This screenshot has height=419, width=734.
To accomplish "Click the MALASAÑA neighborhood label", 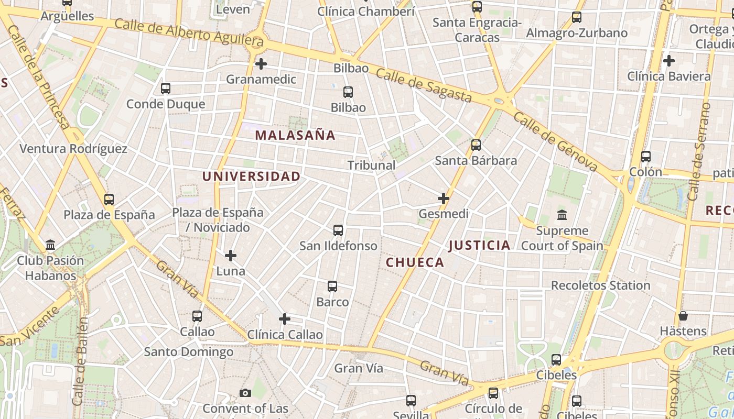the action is coord(295,135).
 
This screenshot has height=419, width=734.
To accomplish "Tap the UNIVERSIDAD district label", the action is coord(251,177).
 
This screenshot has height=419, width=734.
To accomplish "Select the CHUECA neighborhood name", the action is coord(415,262).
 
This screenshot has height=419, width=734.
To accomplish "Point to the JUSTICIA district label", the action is coord(479,245).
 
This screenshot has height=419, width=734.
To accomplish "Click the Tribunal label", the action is coord(371,165).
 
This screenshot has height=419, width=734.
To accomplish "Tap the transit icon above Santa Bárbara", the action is coord(476,145).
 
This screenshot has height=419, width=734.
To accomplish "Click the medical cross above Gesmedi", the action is coord(444,199).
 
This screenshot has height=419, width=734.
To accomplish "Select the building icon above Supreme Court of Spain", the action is coord(562,215).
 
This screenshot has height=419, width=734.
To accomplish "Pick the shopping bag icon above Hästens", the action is coord(683,316).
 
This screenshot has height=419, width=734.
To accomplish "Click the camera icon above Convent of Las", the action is coord(245,393).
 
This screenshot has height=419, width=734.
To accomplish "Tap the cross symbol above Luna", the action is coord(230,256).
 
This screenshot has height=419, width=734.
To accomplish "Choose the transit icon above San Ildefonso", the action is coord(338,230).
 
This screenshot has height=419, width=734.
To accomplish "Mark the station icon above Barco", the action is coord(332,286).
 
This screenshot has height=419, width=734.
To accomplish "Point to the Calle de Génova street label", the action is coord(555,141).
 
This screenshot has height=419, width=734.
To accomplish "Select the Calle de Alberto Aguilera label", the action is coord(189,31).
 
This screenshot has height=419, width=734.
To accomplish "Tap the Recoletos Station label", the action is coord(600,285).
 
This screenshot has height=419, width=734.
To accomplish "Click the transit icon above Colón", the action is coord(645,157).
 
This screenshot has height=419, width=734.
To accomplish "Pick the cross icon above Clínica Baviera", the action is coord(668,61).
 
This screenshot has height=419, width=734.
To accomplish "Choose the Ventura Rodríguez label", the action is coord(73,149).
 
